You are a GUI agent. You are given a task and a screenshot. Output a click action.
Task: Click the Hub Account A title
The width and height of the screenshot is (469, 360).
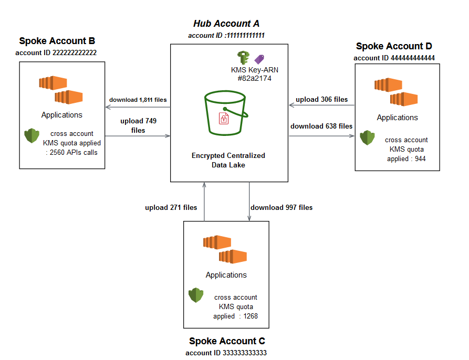click(x=226, y=24)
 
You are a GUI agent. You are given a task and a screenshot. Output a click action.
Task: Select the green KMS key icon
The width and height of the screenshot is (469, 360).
click(x=243, y=58)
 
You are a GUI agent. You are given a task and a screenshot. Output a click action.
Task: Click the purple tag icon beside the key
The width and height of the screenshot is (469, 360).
click(x=259, y=59)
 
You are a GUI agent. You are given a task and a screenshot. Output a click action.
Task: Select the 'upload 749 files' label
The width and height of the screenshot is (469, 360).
click(x=139, y=125)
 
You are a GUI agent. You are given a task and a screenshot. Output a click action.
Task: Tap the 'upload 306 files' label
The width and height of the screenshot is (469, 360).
click(x=321, y=99)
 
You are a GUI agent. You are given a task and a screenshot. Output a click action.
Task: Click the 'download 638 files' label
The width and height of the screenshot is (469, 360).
click(x=321, y=126)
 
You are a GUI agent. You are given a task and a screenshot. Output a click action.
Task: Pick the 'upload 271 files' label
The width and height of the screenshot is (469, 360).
click(x=171, y=207)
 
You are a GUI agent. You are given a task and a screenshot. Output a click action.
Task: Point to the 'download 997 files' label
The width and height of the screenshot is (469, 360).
click(x=282, y=207)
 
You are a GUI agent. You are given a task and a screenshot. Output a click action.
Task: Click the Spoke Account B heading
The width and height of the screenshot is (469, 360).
click(x=57, y=41)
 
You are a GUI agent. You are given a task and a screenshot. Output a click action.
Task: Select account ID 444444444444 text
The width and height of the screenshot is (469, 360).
click(x=394, y=58)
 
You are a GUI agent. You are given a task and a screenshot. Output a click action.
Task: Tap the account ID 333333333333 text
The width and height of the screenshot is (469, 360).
click(x=226, y=353)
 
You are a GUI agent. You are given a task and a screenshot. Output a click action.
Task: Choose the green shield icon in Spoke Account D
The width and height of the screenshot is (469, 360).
click(x=367, y=138)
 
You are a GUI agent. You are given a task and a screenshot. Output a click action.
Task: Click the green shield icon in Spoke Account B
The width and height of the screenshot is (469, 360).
click(x=32, y=136)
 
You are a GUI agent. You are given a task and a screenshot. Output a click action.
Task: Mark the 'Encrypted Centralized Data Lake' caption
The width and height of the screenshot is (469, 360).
click(x=228, y=160)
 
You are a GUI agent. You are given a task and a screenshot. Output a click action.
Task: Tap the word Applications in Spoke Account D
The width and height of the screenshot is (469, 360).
click(x=397, y=118)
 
